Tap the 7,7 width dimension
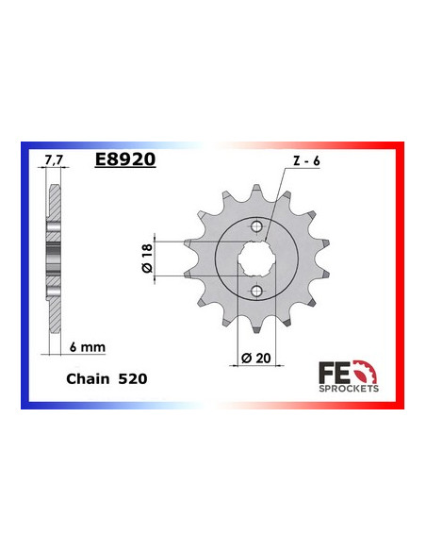pyautogui.click(x=52, y=160)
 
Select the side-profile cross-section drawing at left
pyautogui.click(x=54, y=255)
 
